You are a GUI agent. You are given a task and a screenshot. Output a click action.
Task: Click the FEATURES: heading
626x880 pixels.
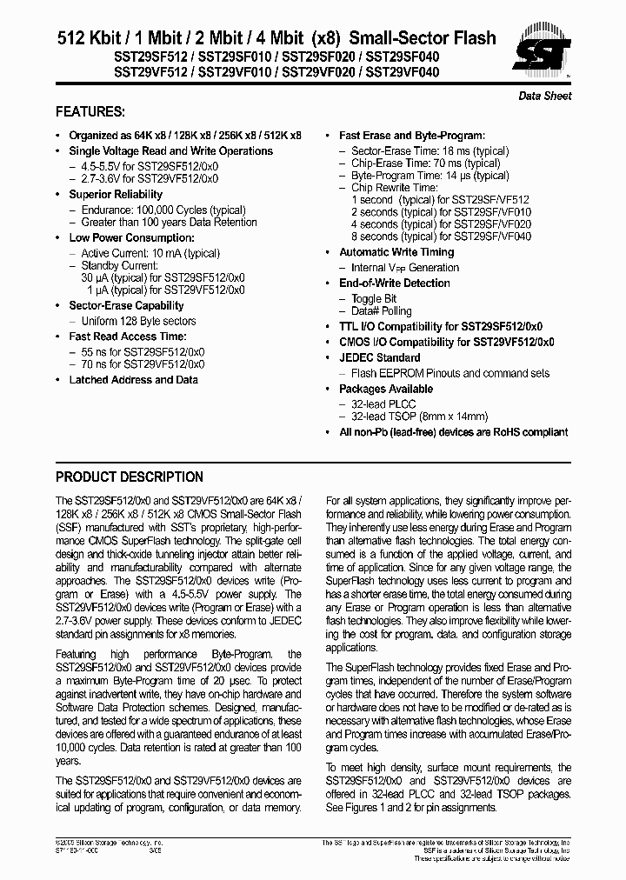click(90, 112)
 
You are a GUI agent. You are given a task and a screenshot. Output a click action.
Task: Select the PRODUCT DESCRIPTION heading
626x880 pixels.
click(130, 477)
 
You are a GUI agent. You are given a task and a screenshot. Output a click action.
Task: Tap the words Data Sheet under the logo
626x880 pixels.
click(545, 96)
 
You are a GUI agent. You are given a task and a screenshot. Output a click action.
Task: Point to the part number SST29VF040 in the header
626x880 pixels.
click(390, 73)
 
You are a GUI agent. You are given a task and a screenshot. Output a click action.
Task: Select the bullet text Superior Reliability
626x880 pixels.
click(116, 195)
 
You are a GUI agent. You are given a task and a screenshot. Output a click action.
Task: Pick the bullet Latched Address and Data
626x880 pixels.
click(133, 380)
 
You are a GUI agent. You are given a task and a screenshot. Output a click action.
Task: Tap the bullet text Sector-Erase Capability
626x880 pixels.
click(126, 306)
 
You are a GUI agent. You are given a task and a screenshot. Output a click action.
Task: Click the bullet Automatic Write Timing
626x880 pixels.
click(396, 252)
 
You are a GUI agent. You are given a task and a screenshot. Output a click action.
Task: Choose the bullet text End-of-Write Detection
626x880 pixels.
click(394, 283)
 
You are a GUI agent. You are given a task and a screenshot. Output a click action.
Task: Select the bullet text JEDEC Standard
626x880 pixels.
click(379, 357)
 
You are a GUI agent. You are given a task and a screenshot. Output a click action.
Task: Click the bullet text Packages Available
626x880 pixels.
click(385, 389)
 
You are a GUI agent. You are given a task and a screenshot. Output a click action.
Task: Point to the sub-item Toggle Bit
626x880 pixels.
click(374, 298)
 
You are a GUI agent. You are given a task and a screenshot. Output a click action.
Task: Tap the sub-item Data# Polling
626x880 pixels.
click(382, 311)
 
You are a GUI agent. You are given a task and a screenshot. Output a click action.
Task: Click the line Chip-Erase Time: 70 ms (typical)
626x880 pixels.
click(425, 163)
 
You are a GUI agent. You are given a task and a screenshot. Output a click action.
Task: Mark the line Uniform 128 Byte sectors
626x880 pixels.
click(138, 321)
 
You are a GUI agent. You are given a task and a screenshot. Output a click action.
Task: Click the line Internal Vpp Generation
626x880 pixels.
click(405, 268)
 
